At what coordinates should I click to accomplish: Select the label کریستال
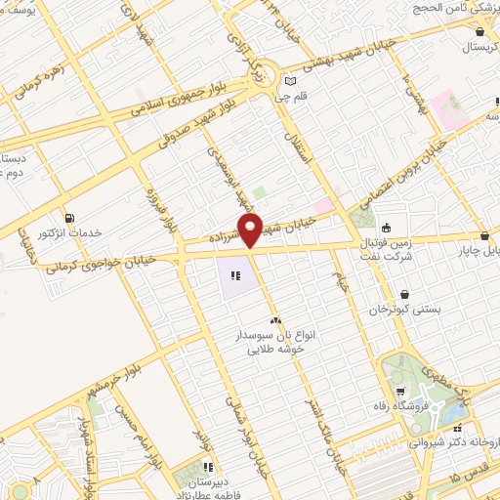(479, 47)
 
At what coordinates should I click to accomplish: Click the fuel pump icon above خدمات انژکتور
(68, 218)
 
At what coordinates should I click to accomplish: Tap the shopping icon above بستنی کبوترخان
(404, 293)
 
